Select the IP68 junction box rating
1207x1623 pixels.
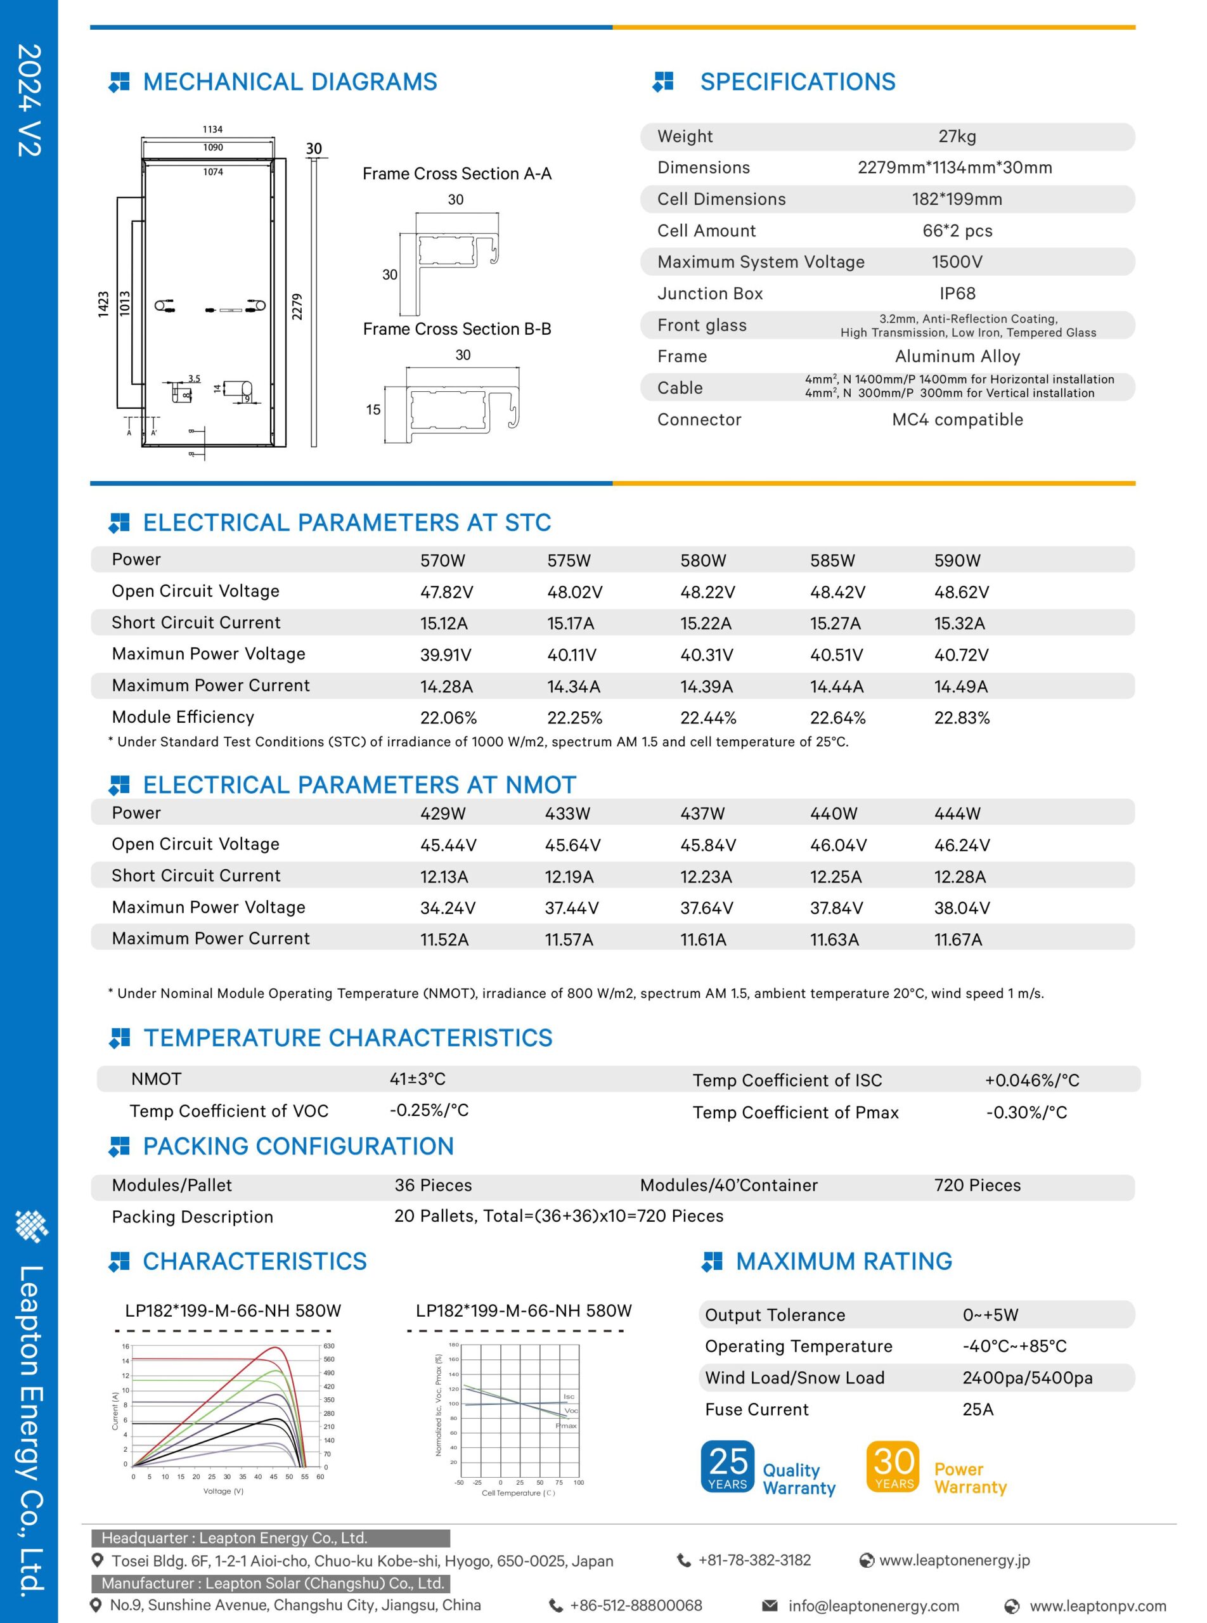957,294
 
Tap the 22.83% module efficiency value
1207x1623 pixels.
962,718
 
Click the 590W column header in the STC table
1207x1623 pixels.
957,560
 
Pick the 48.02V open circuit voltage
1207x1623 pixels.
574,592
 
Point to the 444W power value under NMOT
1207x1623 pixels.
957,813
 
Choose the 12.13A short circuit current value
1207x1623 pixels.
444,876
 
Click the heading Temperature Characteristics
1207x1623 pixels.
348,1038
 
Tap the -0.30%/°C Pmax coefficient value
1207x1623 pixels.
1026,1112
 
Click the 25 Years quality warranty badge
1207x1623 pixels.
727,1466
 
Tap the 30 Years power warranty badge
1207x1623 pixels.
893,1466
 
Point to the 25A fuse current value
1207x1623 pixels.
978,1409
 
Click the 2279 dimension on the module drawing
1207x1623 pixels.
297,306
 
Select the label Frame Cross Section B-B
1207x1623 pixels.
456,330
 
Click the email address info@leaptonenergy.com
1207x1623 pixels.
873,1605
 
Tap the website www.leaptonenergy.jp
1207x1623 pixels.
954,1560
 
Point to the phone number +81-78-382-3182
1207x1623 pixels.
754,1560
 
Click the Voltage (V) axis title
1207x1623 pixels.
223,1490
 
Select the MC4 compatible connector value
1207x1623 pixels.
957,420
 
